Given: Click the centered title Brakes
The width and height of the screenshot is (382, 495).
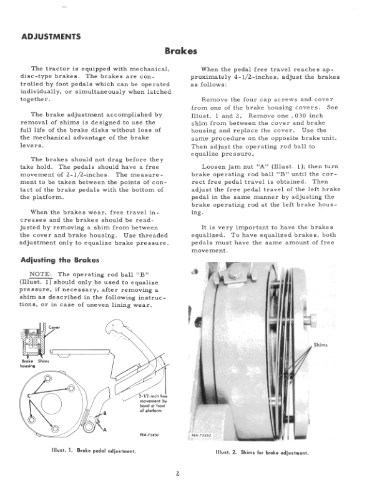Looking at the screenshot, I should [x=180, y=51].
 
